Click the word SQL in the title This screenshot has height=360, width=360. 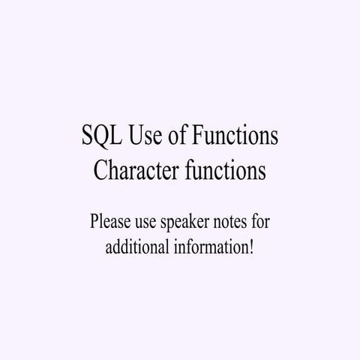pyautogui.click(x=99, y=136)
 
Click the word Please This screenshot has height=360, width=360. pyautogui.click(x=110, y=222)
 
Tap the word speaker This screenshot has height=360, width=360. pyautogui.click(x=191, y=223)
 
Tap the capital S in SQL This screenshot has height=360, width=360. pyautogui.click(x=85, y=136)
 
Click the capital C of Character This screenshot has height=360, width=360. pyautogui.click(x=100, y=171)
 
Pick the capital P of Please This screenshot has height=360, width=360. pyautogui.click(x=94, y=222)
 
